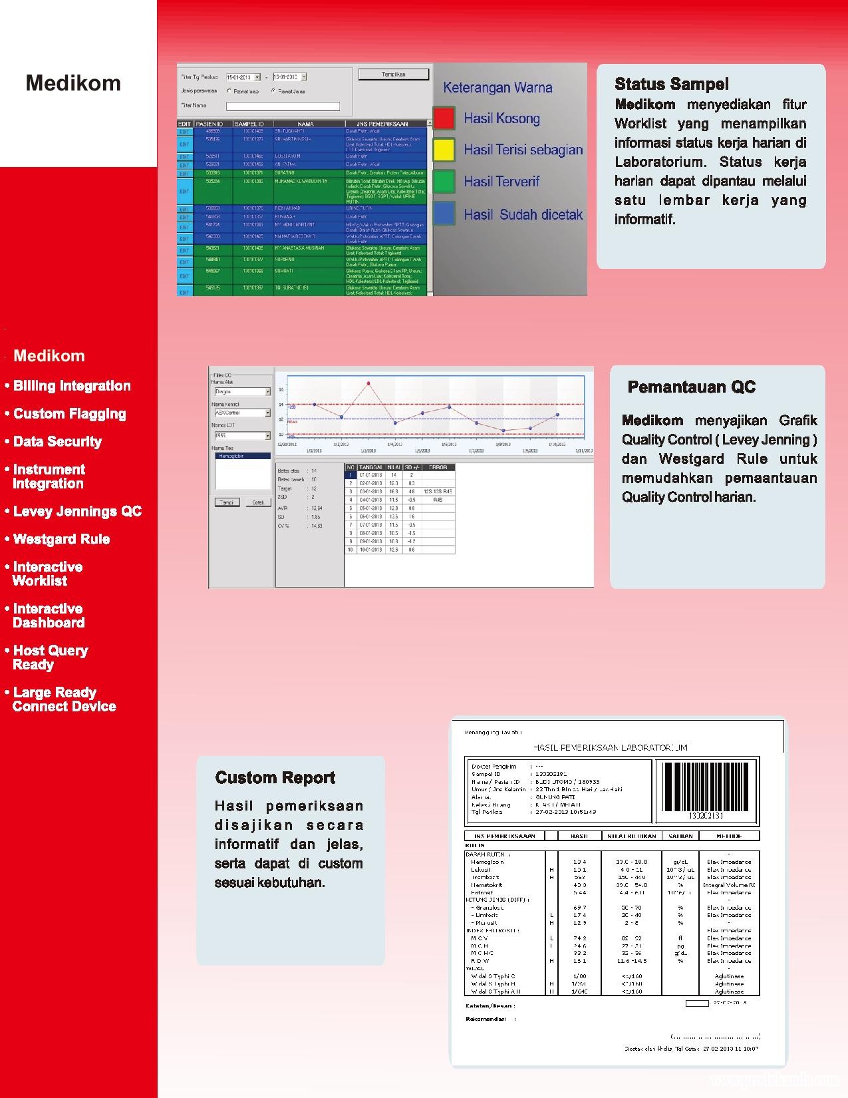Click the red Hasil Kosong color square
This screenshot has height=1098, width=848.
click(x=444, y=118)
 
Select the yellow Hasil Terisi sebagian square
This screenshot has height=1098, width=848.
click(x=444, y=149)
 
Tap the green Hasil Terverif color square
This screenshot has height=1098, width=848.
click(x=444, y=181)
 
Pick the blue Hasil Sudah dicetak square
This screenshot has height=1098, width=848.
click(x=444, y=214)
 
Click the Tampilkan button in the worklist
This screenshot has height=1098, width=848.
click(x=394, y=75)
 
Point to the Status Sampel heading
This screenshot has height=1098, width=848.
click(x=671, y=84)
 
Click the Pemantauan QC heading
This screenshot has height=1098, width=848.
click(x=691, y=387)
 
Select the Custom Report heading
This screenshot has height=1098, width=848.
click(x=275, y=777)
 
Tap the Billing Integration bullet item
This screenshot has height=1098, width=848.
click(x=72, y=386)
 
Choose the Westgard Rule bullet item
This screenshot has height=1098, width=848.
click(x=61, y=539)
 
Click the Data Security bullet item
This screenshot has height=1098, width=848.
click(x=57, y=442)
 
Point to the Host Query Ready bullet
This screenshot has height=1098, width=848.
click(x=50, y=657)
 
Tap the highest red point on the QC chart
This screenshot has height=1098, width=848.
click(x=368, y=383)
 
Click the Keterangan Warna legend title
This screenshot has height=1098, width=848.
click(x=497, y=87)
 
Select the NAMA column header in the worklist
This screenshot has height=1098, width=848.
click(x=306, y=124)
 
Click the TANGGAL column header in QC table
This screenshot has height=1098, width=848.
click(x=370, y=467)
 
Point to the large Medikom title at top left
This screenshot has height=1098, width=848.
click(x=73, y=83)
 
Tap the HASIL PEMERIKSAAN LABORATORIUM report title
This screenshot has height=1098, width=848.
click(x=610, y=747)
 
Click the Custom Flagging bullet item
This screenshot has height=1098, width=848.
click(x=69, y=414)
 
